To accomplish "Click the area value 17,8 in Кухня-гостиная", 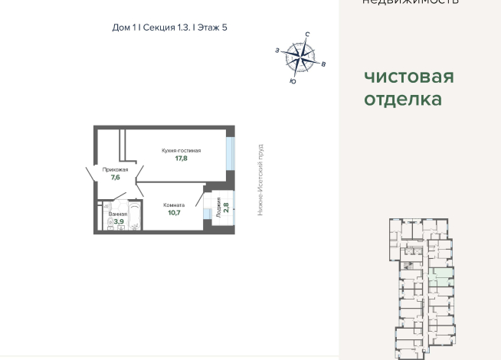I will (181, 159).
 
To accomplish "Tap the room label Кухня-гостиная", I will (181, 151).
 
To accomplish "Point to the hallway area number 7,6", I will (115, 178).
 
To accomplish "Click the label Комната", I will (174, 205).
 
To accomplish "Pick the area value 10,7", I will (174, 214).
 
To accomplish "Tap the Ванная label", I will (117, 214).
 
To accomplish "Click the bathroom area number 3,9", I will (119, 222).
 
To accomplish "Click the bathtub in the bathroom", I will (135, 218).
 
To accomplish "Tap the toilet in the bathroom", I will (110, 223).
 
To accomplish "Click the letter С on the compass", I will (306, 35).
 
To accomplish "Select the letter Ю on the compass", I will (293, 80).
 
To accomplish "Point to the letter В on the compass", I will (323, 64).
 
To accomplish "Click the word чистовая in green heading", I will (408, 77).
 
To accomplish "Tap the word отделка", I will (402, 99).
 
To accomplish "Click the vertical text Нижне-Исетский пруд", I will (260, 178).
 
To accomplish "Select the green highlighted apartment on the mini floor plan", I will (440, 274).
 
